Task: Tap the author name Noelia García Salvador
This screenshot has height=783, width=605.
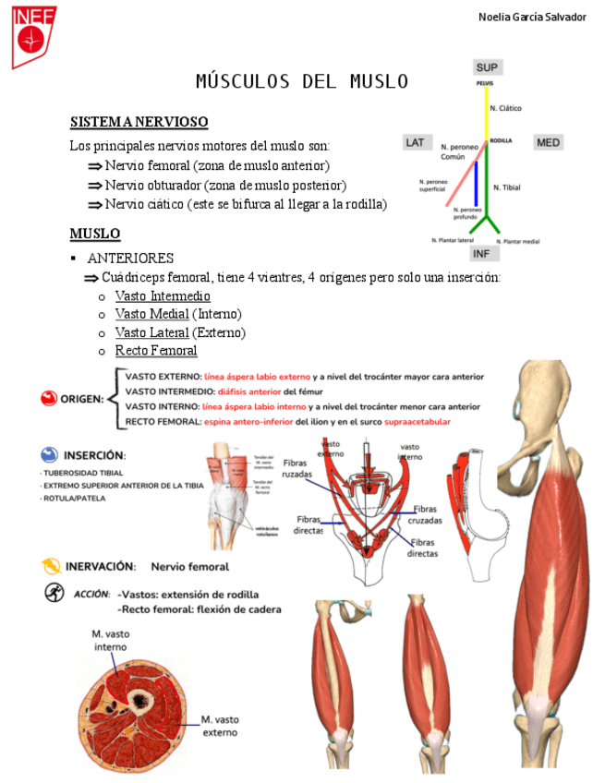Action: tap(532, 18)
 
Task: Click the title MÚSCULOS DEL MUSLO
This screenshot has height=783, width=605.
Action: tap(302, 81)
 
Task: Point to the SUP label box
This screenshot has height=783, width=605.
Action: tap(487, 67)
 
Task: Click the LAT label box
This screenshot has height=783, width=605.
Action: tap(415, 142)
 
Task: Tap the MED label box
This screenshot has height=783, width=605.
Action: tap(548, 142)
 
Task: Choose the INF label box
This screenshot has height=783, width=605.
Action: tap(481, 253)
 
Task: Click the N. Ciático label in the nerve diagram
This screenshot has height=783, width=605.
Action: tap(505, 108)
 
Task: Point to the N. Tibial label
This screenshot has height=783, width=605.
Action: tap(506, 187)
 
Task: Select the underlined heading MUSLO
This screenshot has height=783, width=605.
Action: tap(95, 233)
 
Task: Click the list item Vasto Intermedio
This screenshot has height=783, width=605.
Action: tap(163, 295)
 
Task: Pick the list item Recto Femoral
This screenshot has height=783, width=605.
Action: tap(156, 351)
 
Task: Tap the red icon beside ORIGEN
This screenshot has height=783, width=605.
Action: tap(49, 398)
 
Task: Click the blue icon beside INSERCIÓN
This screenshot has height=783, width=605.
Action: tap(49, 454)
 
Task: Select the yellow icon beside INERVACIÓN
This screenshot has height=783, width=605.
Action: tap(49, 565)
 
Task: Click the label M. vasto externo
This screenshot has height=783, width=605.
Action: tap(220, 725)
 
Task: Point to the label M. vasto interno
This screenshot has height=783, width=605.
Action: tap(110, 640)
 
